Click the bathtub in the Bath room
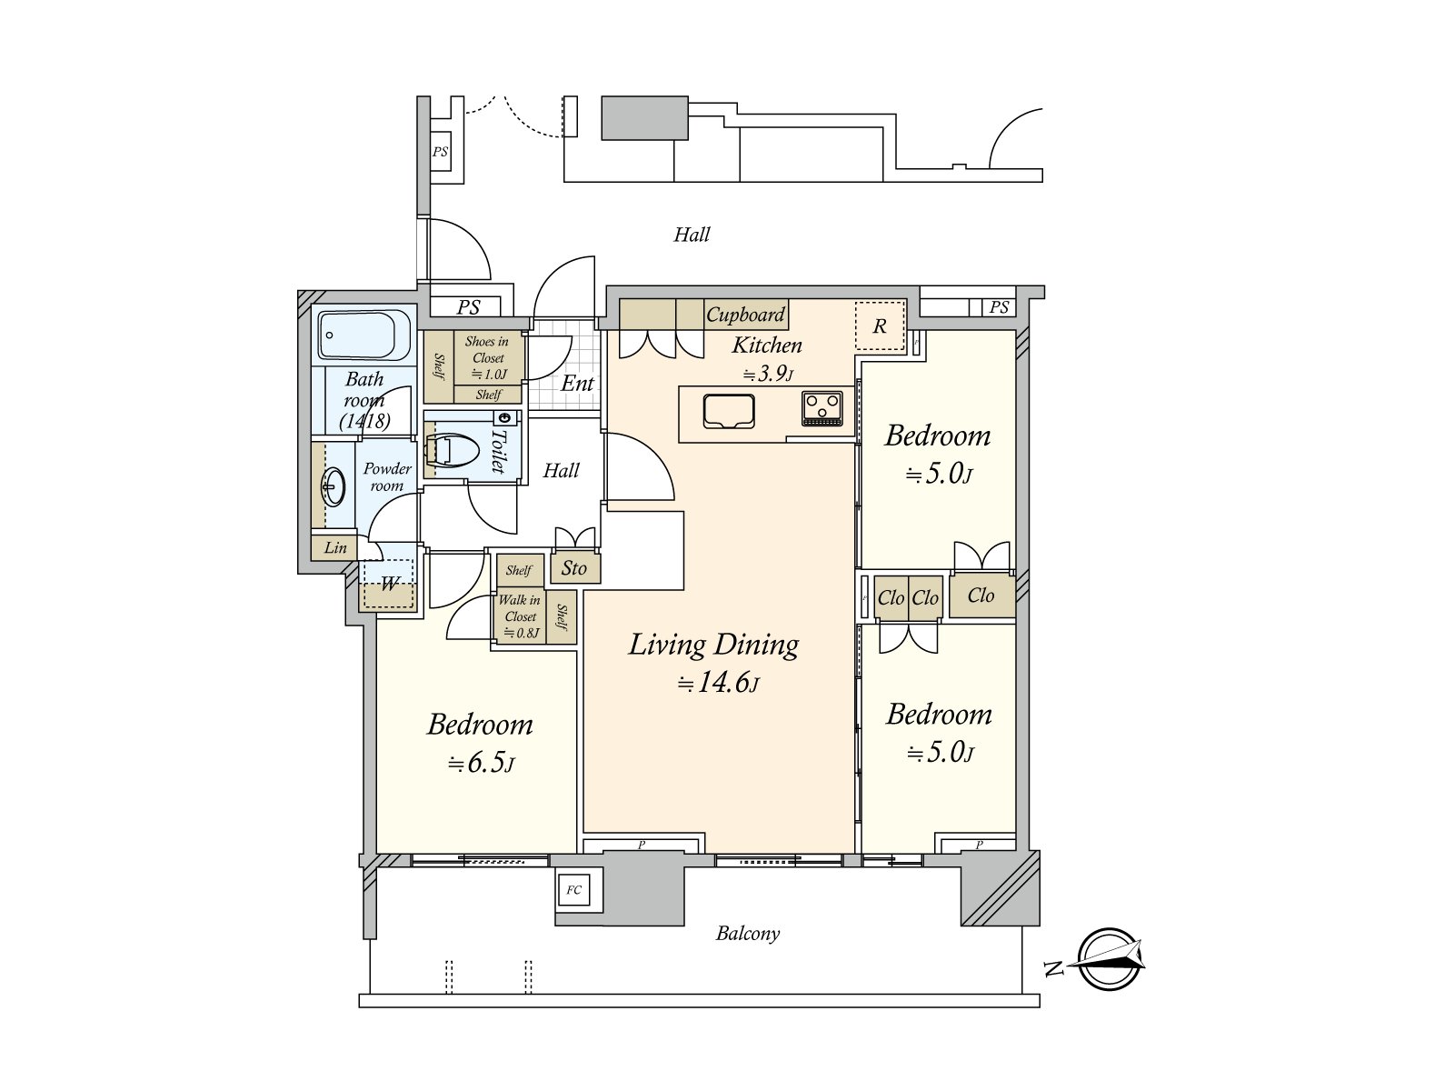pyautogui.click(x=363, y=335)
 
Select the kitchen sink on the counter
pyautogui.click(x=729, y=411)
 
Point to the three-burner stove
pyautogui.click(x=822, y=408)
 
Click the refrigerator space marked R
pyautogui.click(x=879, y=325)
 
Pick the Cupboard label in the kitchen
pyautogui.click(x=745, y=314)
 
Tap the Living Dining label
pyautogui.click(x=713, y=645)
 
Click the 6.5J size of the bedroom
pyautogui.click(x=481, y=763)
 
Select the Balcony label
pyautogui.click(x=748, y=934)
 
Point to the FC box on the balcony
pyautogui.click(x=573, y=890)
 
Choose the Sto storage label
pyautogui.click(x=573, y=567)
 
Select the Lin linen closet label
pyautogui.click(x=335, y=548)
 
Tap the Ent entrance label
pyautogui.click(x=578, y=383)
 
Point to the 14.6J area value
pyautogui.click(x=717, y=682)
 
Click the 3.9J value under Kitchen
pyautogui.click(x=768, y=375)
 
